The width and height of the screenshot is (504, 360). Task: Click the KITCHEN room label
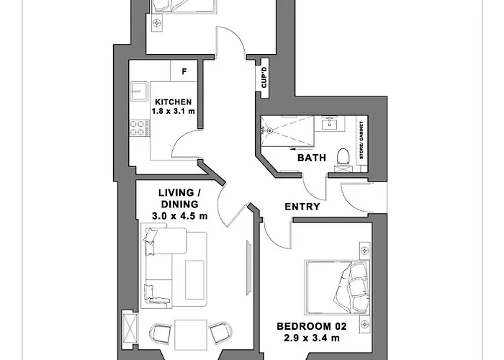point(174,102)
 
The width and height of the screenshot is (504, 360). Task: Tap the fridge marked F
point(184,71)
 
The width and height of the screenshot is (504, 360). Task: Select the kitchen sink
point(139,91)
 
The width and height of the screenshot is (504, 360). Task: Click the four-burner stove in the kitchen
point(137,128)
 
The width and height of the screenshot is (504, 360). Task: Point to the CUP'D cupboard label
point(264,78)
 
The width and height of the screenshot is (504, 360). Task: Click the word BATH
point(312,158)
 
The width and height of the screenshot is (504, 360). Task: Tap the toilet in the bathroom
point(343,159)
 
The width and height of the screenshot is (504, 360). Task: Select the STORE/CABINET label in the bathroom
point(361,140)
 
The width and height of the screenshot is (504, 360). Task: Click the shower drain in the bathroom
point(270,130)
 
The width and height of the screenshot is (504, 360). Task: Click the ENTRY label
point(302,207)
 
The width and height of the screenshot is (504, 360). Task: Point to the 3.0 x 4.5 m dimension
point(180,216)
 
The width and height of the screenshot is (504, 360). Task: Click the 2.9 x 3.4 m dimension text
point(312,338)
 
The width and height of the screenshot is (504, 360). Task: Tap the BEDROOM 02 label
point(312,327)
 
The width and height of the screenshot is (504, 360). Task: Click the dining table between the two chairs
point(191,335)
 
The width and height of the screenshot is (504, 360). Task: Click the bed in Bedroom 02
point(336,287)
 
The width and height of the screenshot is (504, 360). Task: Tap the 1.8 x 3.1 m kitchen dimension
point(174,112)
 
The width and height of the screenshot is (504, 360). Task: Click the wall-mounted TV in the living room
point(249,267)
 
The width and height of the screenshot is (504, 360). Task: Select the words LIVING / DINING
point(180,199)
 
